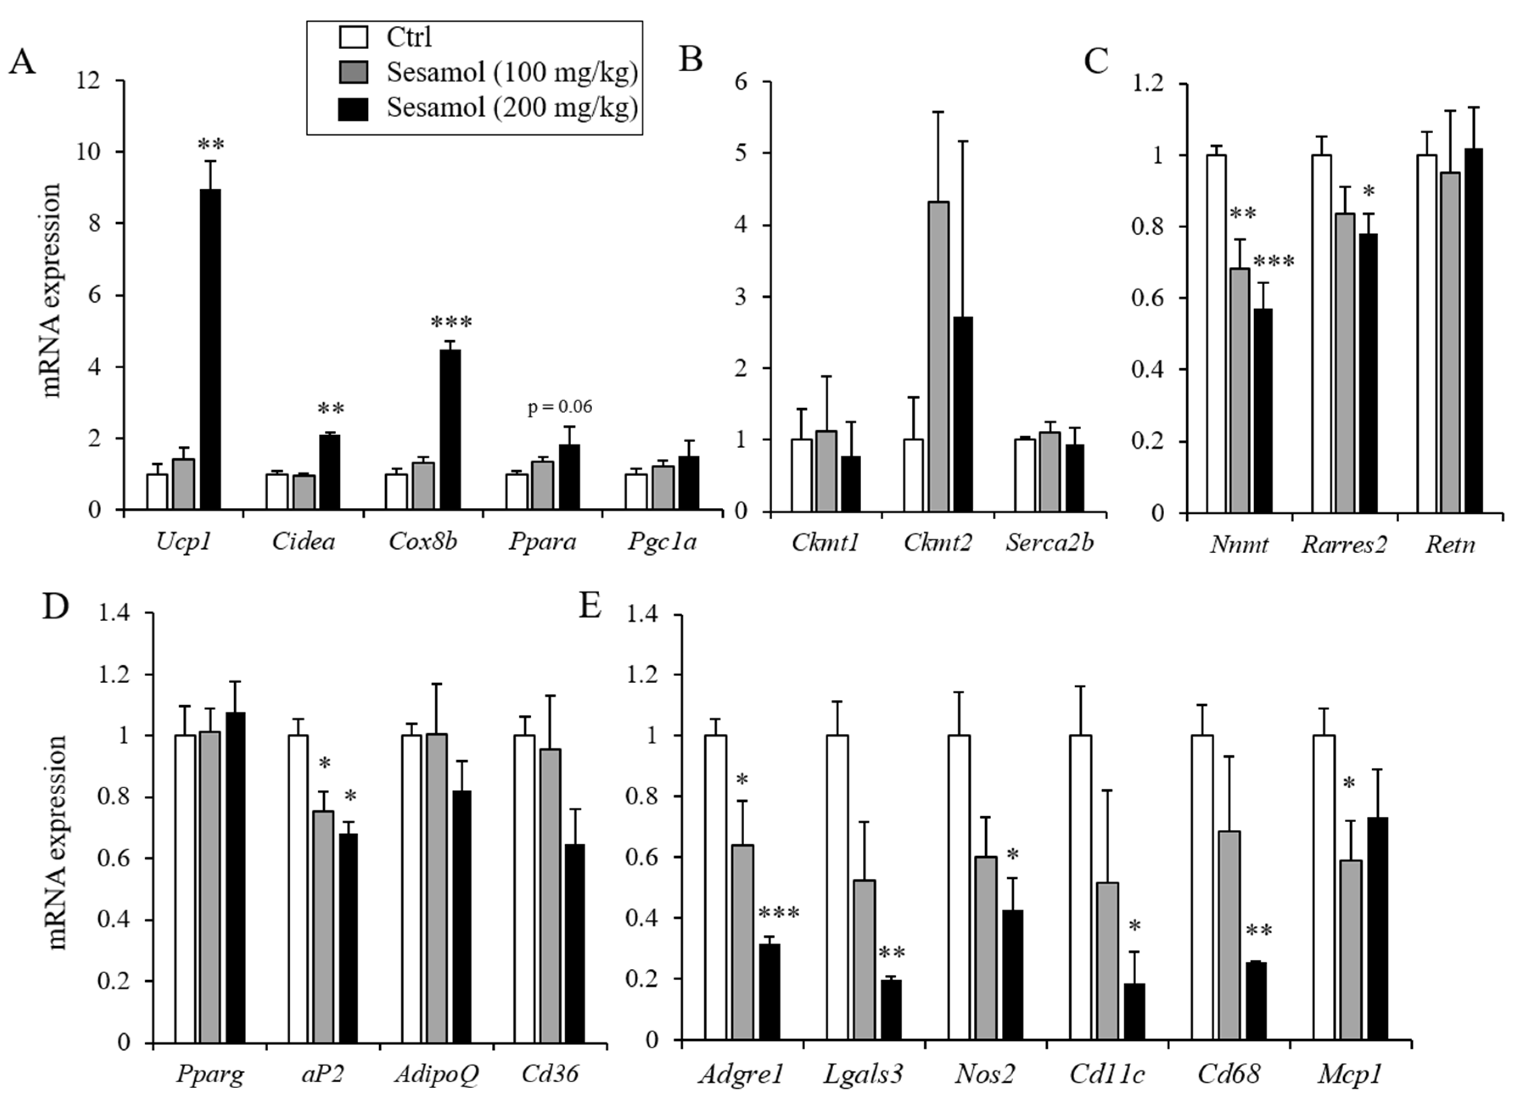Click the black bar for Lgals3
pos(891,1009)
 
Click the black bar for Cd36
pos(574,943)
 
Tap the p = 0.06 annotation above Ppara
pos(560,406)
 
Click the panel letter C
pos(1096,62)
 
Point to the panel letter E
pos(590,606)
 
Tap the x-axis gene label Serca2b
pos(1049,543)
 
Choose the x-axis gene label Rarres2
pos(1344,545)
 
